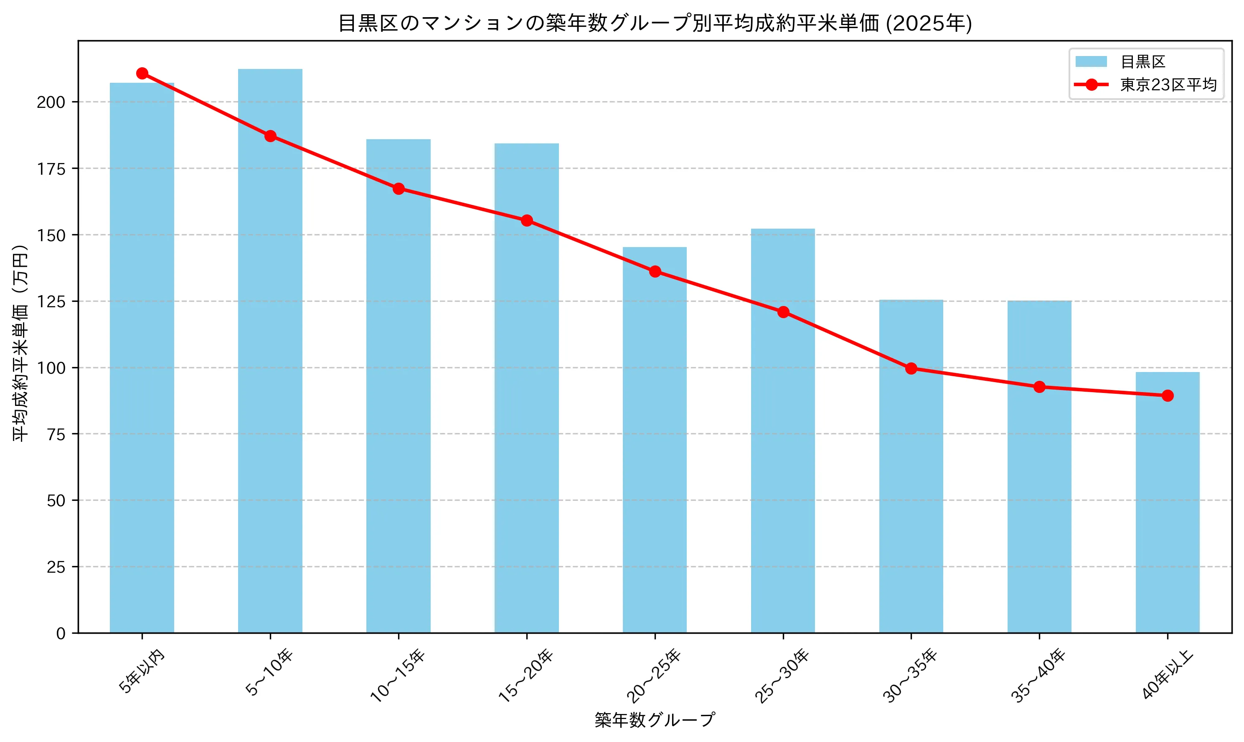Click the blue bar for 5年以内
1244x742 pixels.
(x=142, y=357)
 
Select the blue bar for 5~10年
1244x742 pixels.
(x=270, y=350)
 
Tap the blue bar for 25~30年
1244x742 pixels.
(x=783, y=431)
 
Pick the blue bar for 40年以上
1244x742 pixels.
(x=1167, y=502)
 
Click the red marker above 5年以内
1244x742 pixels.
(x=142, y=74)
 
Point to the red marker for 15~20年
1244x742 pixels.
(x=527, y=220)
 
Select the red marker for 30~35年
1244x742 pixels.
(x=911, y=369)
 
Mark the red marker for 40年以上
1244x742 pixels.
(x=1167, y=395)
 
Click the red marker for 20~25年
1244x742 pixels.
(x=655, y=271)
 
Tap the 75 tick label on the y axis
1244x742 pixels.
(x=56, y=434)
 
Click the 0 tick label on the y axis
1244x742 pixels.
(x=61, y=633)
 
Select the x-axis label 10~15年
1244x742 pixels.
(x=398, y=676)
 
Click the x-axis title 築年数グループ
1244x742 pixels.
(x=655, y=720)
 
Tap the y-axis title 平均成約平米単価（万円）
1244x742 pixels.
(x=20, y=343)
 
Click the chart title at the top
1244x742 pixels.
(x=655, y=23)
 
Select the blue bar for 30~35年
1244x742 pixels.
(x=911, y=466)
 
